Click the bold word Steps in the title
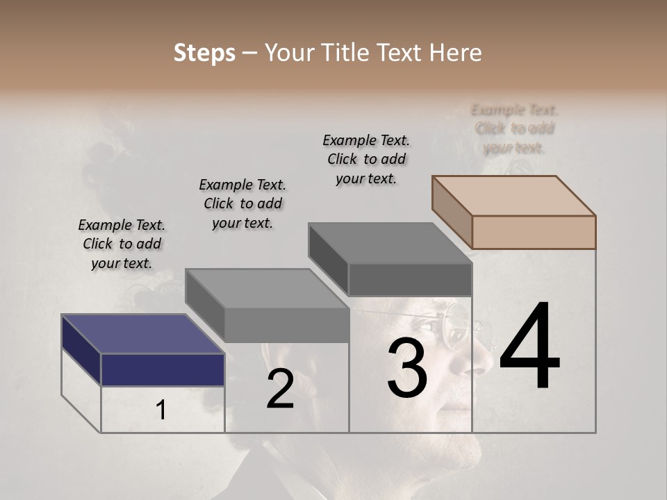tap(204, 53)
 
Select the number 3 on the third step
tap(406, 369)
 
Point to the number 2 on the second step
tap(280, 390)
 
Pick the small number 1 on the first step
tap(161, 410)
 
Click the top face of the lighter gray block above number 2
tap(267, 288)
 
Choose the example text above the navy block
tap(122, 244)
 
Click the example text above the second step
tap(242, 203)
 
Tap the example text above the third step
tap(366, 159)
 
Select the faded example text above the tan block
tap(514, 128)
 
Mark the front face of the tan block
tap(534, 232)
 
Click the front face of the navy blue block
tap(163, 369)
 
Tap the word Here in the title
tap(457, 53)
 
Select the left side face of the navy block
tap(81, 349)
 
